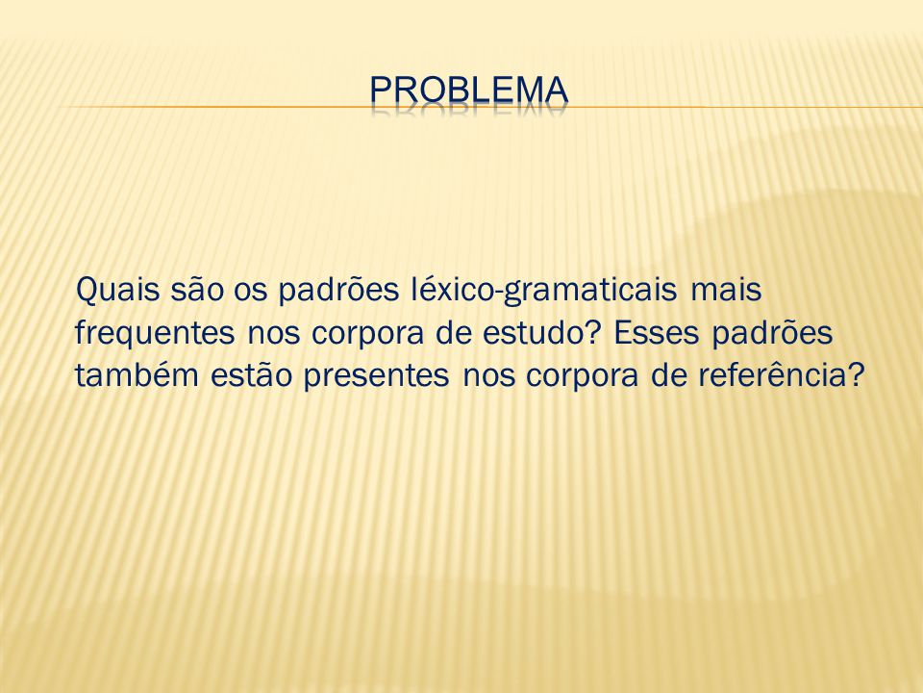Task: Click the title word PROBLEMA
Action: point(469,90)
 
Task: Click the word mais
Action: point(725,290)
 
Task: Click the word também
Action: point(137,375)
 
